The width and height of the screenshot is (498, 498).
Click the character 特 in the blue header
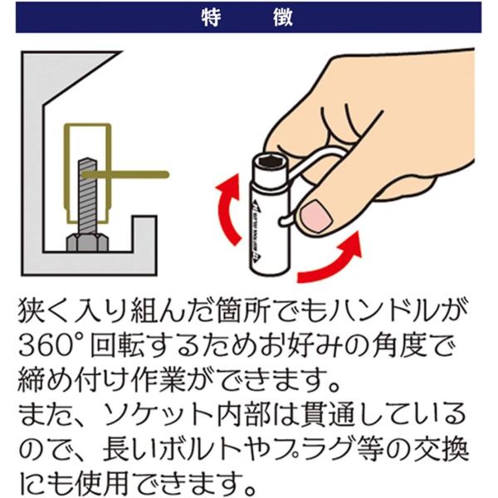[211, 17]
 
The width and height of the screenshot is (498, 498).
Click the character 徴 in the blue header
[283, 17]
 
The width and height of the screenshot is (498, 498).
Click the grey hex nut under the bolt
[87, 242]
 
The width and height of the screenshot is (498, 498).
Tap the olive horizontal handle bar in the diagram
[125, 174]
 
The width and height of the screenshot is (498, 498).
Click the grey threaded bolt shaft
[87, 196]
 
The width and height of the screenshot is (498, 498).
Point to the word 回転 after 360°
[118, 345]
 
